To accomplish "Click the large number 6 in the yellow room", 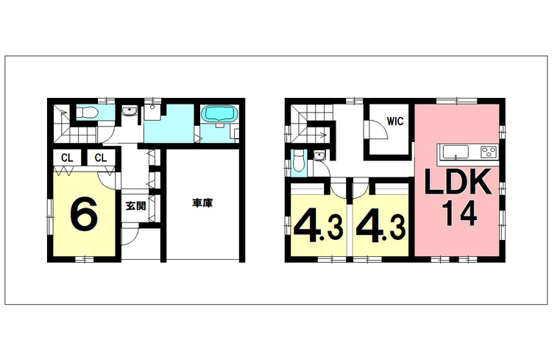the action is (84, 213).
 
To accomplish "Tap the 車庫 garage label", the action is (202, 203).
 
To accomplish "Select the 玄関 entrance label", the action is (135, 205).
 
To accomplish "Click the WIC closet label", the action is (395, 121).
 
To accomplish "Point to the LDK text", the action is (458, 182).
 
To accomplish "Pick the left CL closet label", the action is (67, 158).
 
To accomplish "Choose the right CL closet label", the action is (100, 158).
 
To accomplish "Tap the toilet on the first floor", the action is (87, 113).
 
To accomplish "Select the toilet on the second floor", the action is (298, 161).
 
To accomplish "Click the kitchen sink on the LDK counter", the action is (456, 152).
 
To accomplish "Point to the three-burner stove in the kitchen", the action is (489, 152).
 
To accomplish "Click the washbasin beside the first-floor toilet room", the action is (130, 111).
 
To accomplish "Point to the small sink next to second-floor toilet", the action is (319, 155).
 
